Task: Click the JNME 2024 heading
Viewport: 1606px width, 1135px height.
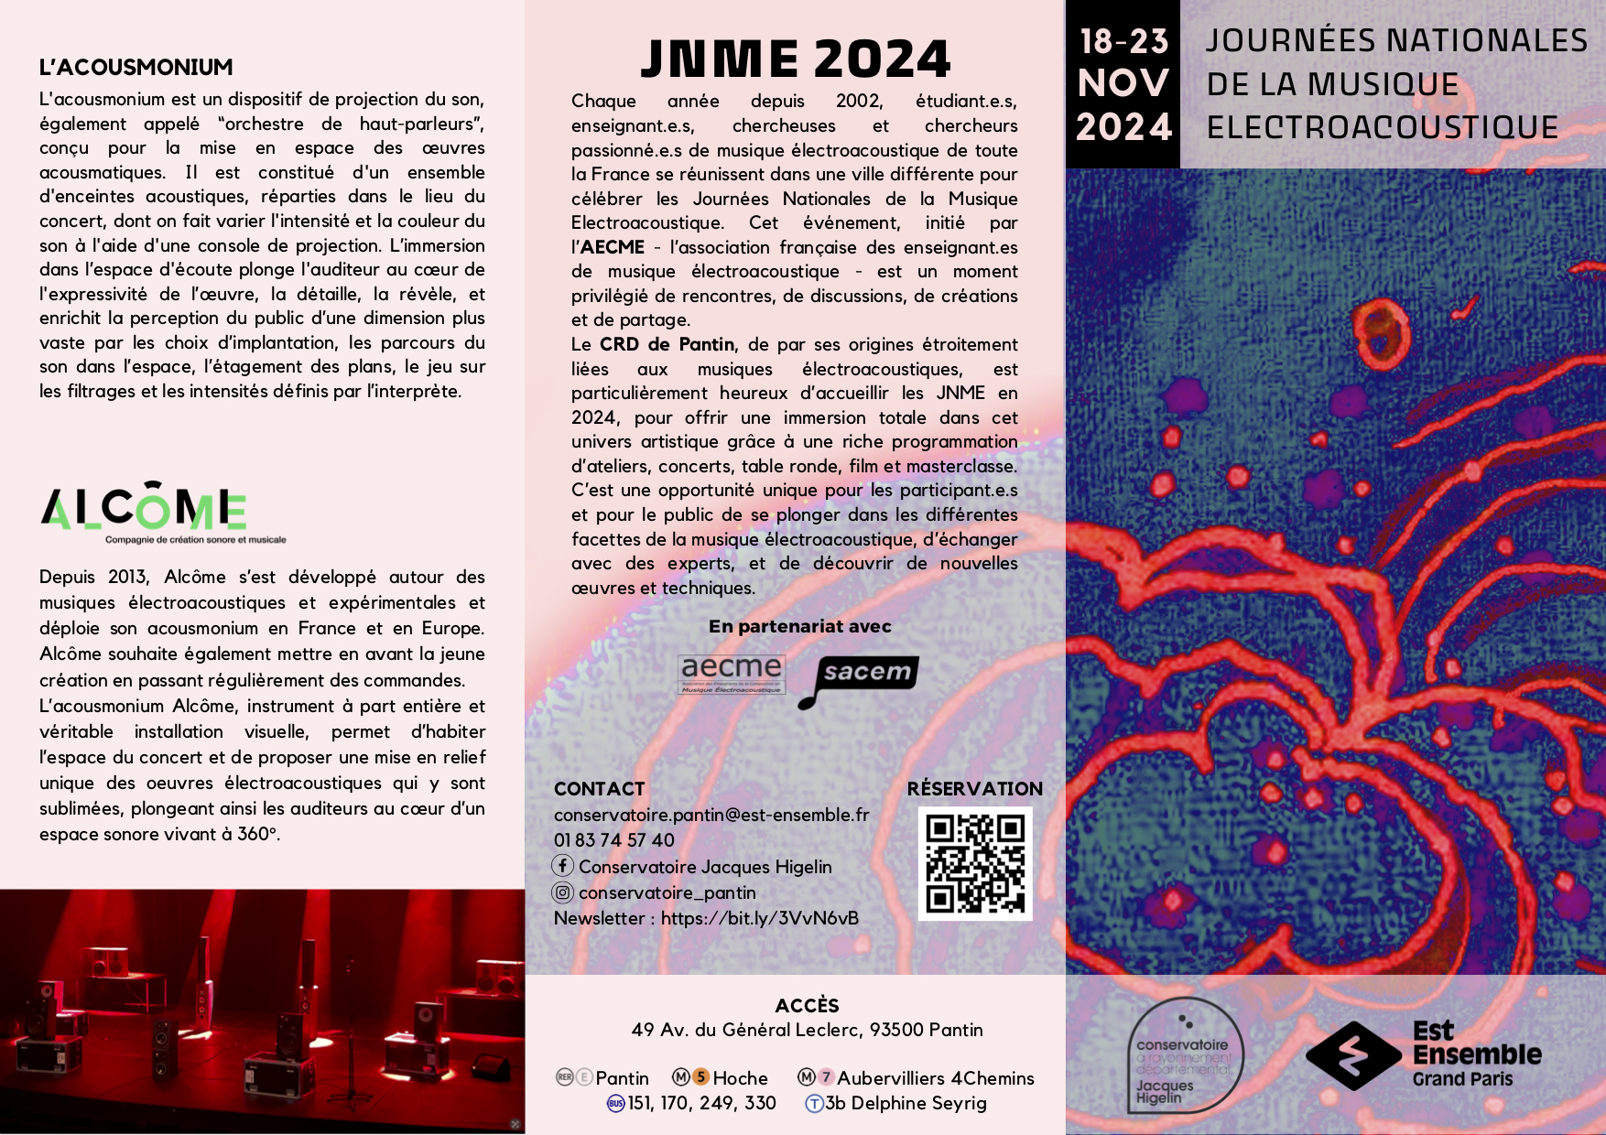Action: (x=795, y=59)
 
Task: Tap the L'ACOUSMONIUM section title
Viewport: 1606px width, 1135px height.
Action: (x=136, y=67)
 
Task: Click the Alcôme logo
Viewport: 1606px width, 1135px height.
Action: (x=145, y=509)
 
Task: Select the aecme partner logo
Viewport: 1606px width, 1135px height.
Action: (x=731, y=674)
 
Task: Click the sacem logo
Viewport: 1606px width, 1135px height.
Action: (x=862, y=677)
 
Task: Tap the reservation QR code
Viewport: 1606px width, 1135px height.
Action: (x=974, y=863)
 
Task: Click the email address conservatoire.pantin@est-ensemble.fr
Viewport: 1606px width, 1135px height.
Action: (x=711, y=815)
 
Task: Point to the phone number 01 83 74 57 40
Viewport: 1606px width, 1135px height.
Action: (x=613, y=840)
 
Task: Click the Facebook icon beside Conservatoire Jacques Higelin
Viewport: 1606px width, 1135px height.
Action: (x=563, y=865)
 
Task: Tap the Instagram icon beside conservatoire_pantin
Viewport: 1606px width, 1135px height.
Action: (x=563, y=892)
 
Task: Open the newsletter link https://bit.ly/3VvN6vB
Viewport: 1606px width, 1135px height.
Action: (x=759, y=918)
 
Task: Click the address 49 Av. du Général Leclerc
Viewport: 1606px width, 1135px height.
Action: (x=807, y=1030)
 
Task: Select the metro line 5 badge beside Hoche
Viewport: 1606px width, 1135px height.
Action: (x=700, y=1077)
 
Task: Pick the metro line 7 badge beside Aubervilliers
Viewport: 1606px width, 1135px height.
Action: (x=826, y=1077)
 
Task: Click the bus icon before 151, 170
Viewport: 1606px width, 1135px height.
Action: (x=616, y=1104)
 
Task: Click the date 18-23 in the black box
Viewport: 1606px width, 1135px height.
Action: (x=1123, y=41)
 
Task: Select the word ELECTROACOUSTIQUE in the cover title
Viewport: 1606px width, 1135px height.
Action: (x=1383, y=127)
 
